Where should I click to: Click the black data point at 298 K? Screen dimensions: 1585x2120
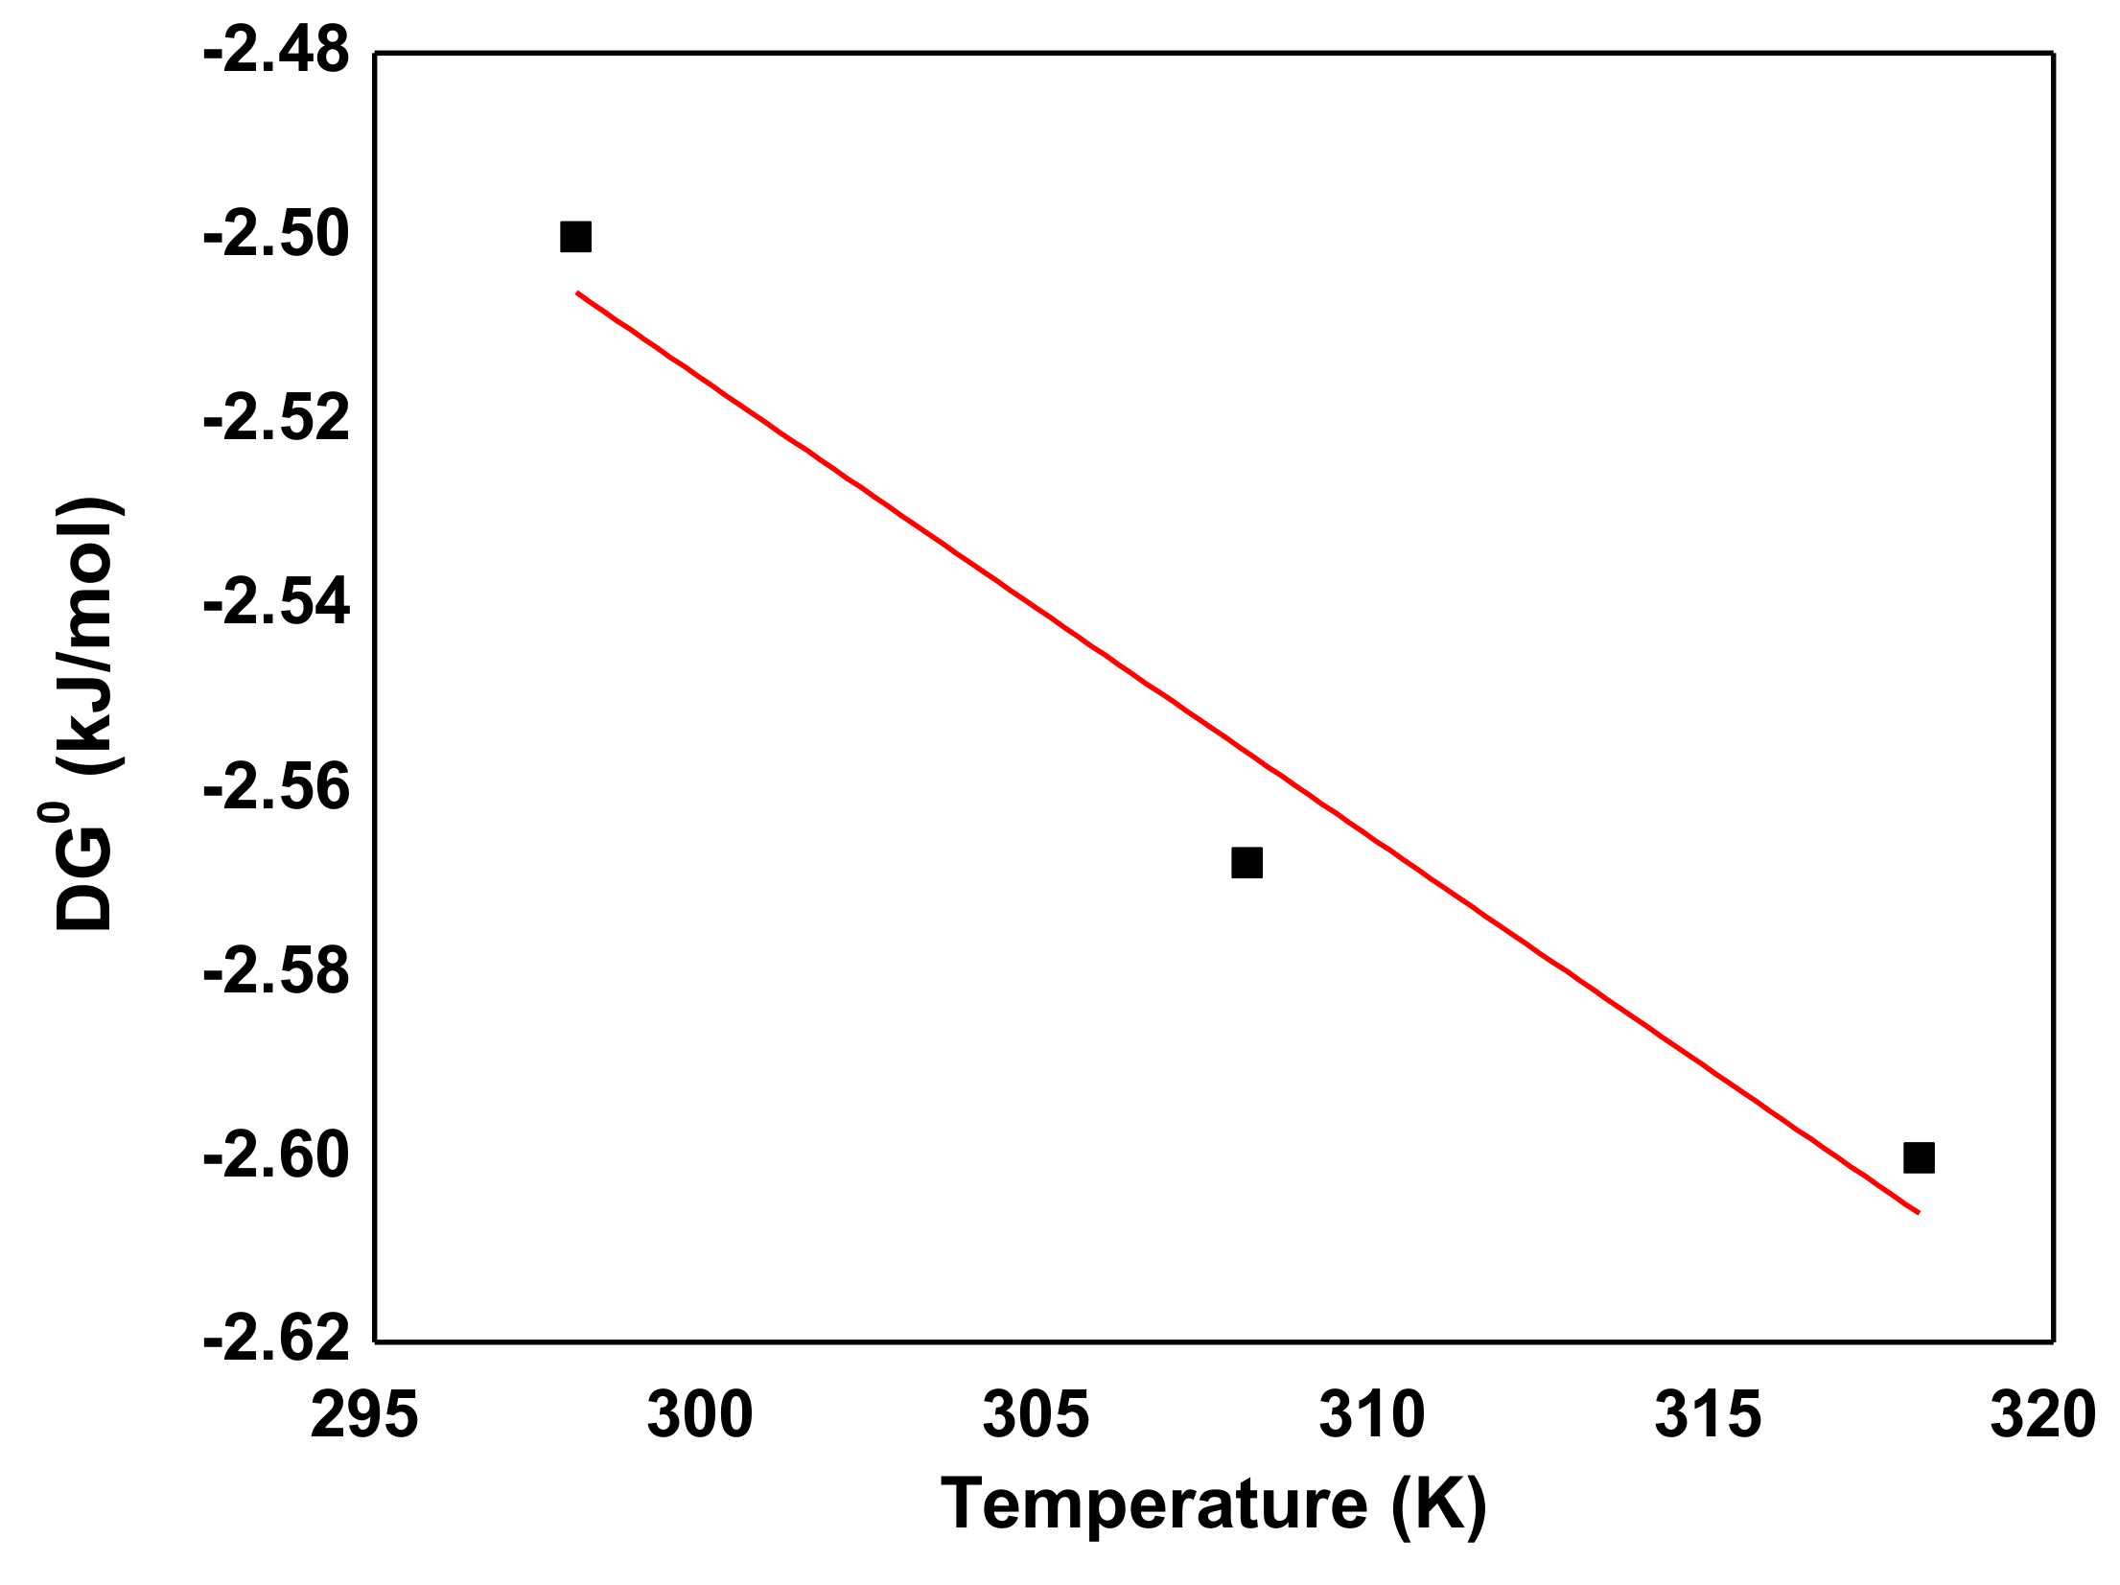click(575, 236)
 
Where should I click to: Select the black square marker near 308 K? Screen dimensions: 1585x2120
click(1246, 862)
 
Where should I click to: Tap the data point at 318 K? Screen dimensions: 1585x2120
click(1919, 1157)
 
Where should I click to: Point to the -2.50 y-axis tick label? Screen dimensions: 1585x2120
click(276, 236)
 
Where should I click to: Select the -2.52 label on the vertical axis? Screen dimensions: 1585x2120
click(276, 420)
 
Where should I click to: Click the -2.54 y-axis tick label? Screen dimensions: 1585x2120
click(276, 604)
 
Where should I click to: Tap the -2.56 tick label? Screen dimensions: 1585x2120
click(276, 788)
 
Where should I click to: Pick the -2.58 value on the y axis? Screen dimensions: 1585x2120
click(276, 972)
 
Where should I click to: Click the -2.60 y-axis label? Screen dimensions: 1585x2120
click(276, 1156)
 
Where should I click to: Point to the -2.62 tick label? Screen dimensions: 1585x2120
click(276, 1339)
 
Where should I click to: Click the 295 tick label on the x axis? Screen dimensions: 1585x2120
click(364, 1415)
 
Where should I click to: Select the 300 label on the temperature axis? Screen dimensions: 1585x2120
click(700, 1415)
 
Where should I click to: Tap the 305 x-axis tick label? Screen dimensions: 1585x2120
click(1036, 1415)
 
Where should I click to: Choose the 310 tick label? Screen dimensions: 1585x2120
click(1371, 1415)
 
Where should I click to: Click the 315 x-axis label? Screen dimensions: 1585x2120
click(1708, 1415)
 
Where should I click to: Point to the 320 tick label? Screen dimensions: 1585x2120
click(2042, 1415)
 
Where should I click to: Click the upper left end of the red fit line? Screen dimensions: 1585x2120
click(578, 292)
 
